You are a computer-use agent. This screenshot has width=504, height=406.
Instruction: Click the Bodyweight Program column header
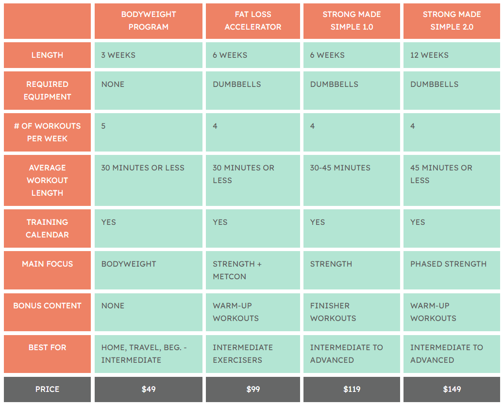(x=149, y=21)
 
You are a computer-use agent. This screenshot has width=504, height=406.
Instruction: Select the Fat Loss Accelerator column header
(x=252, y=21)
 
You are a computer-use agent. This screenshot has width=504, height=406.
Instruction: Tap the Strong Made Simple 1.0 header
(x=352, y=21)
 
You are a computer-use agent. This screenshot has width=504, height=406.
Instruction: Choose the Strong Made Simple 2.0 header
(x=452, y=21)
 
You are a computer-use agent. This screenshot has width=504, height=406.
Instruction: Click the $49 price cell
(x=149, y=389)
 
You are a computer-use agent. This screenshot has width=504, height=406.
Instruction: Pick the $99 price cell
(x=252, y=389)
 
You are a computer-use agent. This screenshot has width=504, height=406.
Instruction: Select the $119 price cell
(x=352, y=389)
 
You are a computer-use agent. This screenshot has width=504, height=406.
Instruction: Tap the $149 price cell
(x=452, y=389)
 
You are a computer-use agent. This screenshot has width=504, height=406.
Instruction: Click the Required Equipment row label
(x=47, y=90)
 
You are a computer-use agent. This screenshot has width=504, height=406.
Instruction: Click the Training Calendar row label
(x=47, y=228)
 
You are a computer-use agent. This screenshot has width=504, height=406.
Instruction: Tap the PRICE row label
(x=47, y=389)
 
